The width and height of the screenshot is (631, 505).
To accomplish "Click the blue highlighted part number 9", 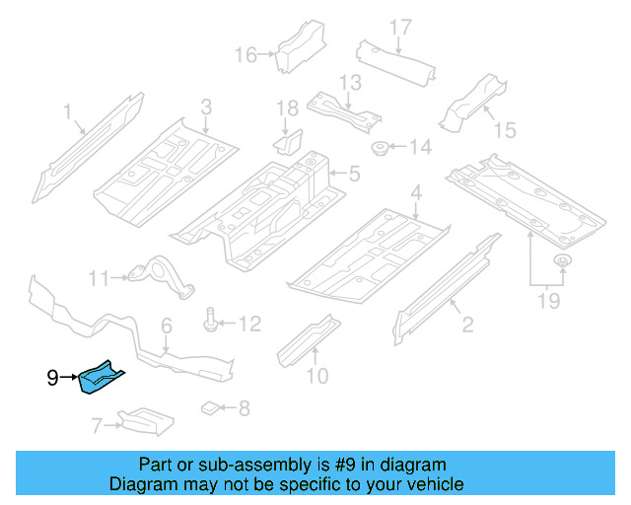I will pos(104,379).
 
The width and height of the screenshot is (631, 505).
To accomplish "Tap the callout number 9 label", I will pos(53,377).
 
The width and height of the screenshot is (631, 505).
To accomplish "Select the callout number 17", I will pos(399,27).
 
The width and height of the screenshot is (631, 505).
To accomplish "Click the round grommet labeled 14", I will pos(378,149).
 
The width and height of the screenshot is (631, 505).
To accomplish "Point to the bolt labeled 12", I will pos(213,322).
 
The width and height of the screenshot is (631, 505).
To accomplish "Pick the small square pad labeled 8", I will pos(210,406).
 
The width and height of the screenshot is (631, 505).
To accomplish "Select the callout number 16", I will pos(245,55).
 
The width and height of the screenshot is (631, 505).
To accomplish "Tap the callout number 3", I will pos(206,107).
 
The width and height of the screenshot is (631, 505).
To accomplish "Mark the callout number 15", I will pos(504,129).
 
